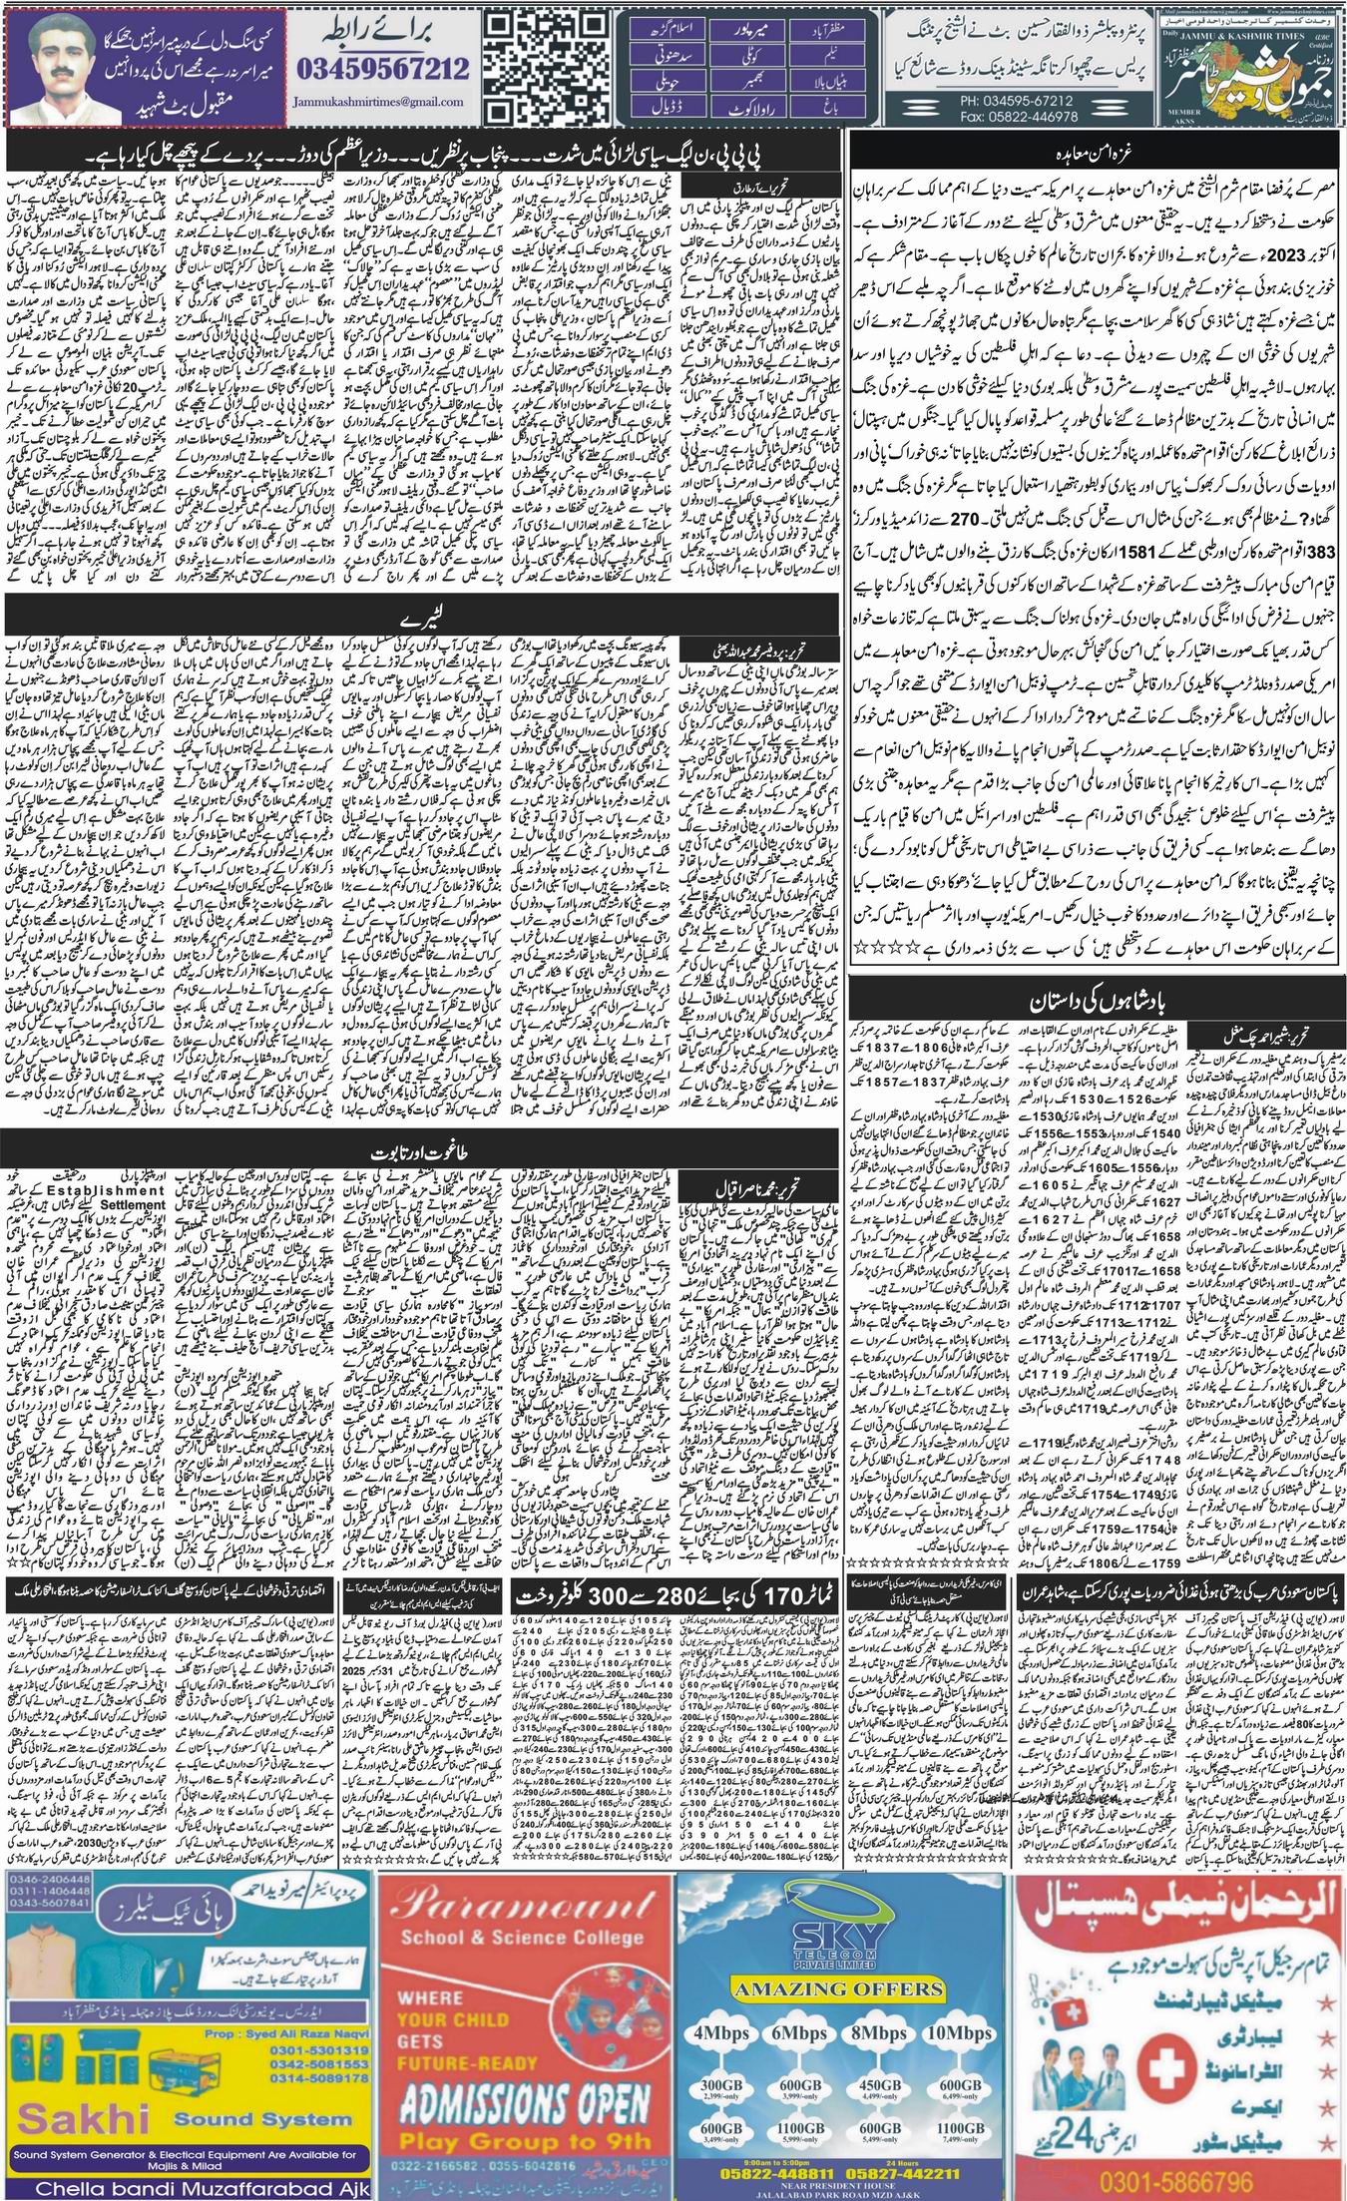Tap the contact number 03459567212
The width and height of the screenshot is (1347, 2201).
point(383,69)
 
